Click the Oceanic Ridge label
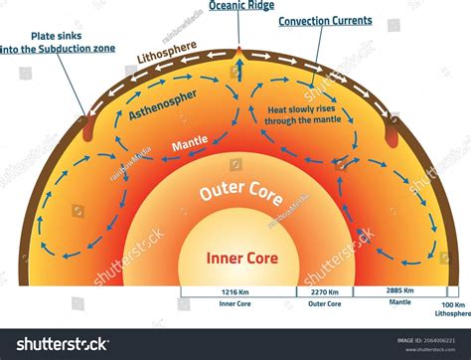242,7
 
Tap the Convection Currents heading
325,20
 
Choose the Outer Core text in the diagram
234,192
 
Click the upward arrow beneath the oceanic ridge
239,72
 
